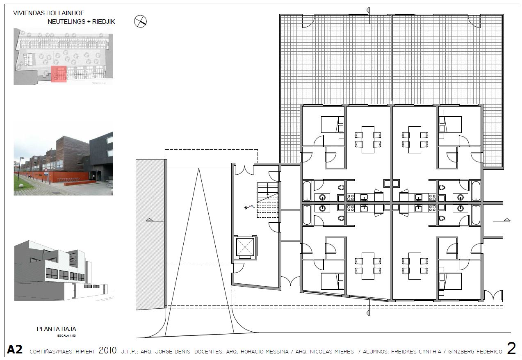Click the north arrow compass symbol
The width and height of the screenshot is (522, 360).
[140, 21]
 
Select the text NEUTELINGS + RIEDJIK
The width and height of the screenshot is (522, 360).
[81, 22]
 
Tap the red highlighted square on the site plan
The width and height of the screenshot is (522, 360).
[59, 74]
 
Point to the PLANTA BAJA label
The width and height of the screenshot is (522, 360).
[57, 329]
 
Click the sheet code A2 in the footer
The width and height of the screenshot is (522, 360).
[15, 350]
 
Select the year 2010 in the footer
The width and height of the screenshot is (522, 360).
[108, 351]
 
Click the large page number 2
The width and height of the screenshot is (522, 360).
[511, 349]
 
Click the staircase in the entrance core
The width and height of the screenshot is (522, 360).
[267, 201]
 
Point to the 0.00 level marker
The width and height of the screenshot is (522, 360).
[248, 207]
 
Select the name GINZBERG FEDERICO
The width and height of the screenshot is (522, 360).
[476, 352]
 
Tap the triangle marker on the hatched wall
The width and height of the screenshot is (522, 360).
[150, 220]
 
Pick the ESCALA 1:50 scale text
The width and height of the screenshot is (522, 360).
[68, 336]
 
